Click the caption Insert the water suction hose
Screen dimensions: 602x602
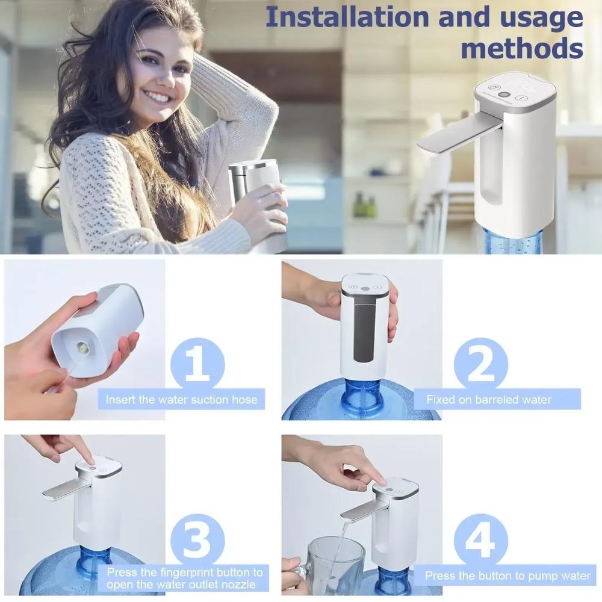(181, 399)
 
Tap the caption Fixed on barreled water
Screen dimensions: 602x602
(488, 399)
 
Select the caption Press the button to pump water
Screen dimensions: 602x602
(507, 576)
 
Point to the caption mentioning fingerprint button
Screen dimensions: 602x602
(184, 578)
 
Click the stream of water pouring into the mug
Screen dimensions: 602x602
(341, 542)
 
